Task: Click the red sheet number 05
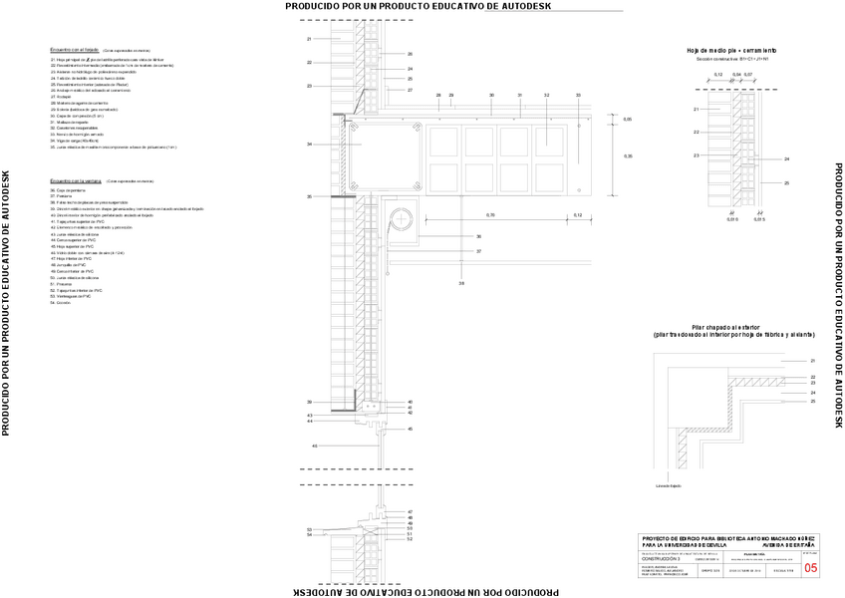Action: [809, 567]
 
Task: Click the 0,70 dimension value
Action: [489, 215]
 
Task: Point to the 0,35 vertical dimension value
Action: [627, 156]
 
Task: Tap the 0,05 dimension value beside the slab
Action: [627, 120]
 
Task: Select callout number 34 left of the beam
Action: [310, 145]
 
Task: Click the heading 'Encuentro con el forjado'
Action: [76, 49]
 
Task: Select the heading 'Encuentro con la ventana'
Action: [77, 181]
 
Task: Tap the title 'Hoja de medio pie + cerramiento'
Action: [731, 50]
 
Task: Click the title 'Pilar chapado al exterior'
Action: [731, 327]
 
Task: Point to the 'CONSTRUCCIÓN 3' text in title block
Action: [663, 559]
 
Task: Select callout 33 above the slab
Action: [578, 95]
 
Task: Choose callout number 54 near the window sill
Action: [310, 535]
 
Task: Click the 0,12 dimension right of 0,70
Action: [578, 215]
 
